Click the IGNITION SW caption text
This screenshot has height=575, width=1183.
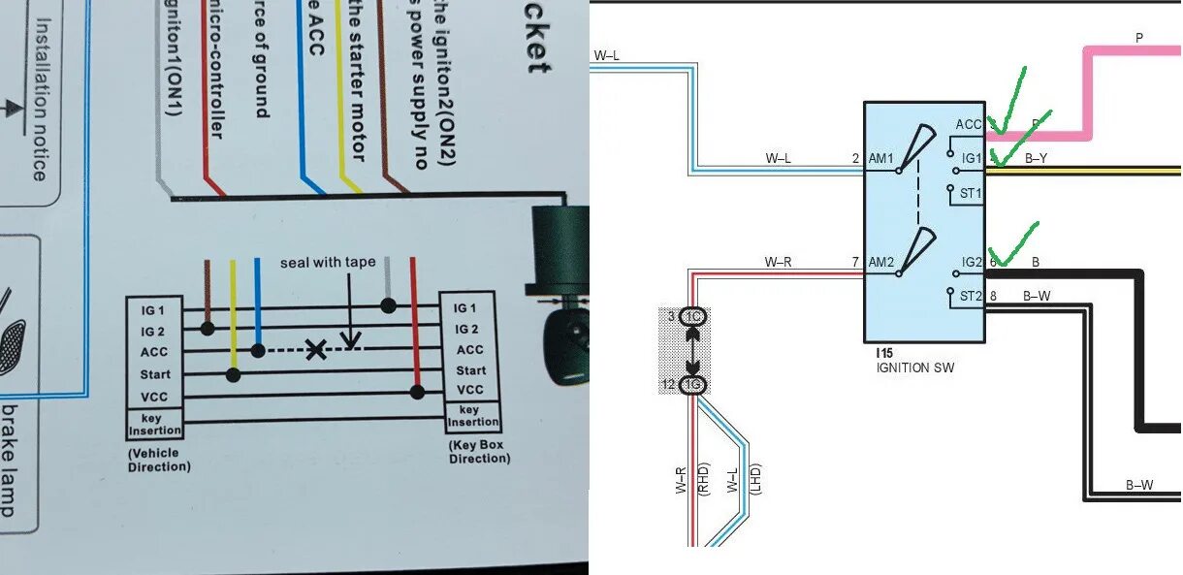[914, 368]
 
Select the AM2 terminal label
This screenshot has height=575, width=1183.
[880, 263]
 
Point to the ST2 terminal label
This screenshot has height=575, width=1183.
[971, 296]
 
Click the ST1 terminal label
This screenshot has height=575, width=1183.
[971, 193]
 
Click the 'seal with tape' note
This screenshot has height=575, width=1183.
[328, 263]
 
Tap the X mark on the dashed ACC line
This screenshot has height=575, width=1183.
[316, 350]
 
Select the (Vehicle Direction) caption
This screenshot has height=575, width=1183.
[159, 460]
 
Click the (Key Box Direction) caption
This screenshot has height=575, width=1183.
[479, 452]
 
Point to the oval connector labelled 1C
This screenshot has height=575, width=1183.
[694, 317]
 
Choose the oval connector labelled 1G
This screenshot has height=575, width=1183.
[694, 386]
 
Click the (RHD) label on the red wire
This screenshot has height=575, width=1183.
[705, 478]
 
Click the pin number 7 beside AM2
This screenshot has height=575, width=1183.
[855, 263]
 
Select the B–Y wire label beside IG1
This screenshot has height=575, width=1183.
[1036, 159]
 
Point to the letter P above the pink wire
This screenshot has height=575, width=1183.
[1139, 38]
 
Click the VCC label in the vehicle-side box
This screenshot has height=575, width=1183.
[154, 395]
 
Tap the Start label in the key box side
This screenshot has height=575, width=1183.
[471, 370]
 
